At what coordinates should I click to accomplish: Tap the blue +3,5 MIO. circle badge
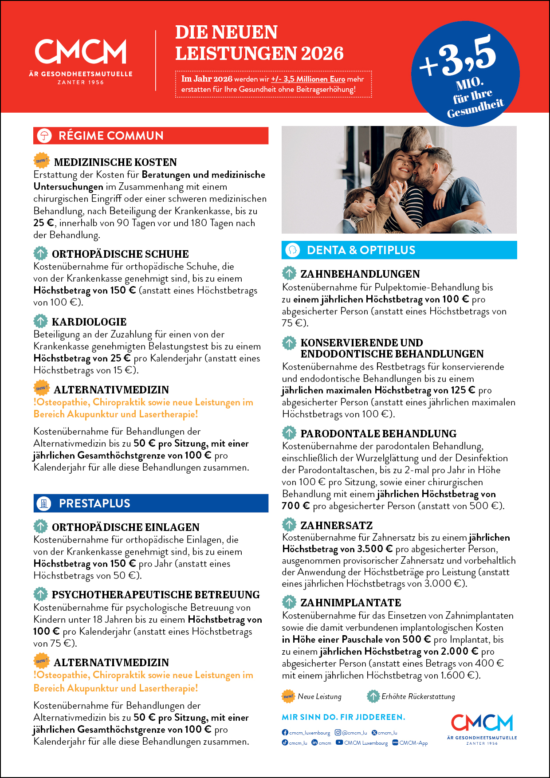point(465,74)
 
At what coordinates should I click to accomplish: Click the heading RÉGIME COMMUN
point(111,136)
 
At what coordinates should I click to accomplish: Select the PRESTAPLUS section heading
point(94,503)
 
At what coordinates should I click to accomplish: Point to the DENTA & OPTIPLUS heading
point(361,250)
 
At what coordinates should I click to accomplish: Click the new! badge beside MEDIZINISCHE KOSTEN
point(42,161)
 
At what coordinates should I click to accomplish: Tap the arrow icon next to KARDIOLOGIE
point(40,321)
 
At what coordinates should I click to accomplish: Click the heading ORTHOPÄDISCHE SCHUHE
point(120,254)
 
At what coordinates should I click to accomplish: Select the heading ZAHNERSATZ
point(336,526)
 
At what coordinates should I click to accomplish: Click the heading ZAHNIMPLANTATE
point(350,603)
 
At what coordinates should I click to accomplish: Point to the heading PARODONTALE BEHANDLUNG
point(378,434)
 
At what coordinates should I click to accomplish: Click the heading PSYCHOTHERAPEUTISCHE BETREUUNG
point(156,595)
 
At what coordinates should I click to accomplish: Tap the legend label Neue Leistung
point(319,696)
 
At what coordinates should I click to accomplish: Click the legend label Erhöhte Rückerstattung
point(418,696)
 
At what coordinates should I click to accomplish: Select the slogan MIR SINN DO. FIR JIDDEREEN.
point(343,717)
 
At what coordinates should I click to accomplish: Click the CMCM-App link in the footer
point(413,743)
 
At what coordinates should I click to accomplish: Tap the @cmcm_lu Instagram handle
point(354,733)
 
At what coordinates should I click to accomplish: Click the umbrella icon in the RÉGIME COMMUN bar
point(44,136)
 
